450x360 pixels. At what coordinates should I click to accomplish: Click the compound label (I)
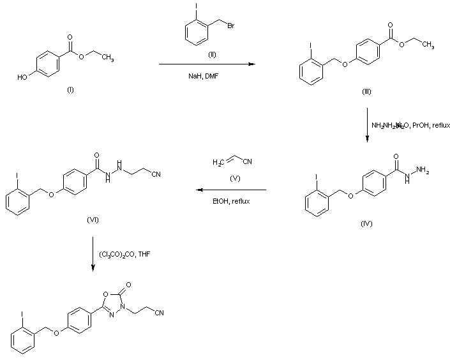70,89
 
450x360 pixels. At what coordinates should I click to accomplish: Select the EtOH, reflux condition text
232,201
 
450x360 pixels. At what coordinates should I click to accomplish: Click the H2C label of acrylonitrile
218,163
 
